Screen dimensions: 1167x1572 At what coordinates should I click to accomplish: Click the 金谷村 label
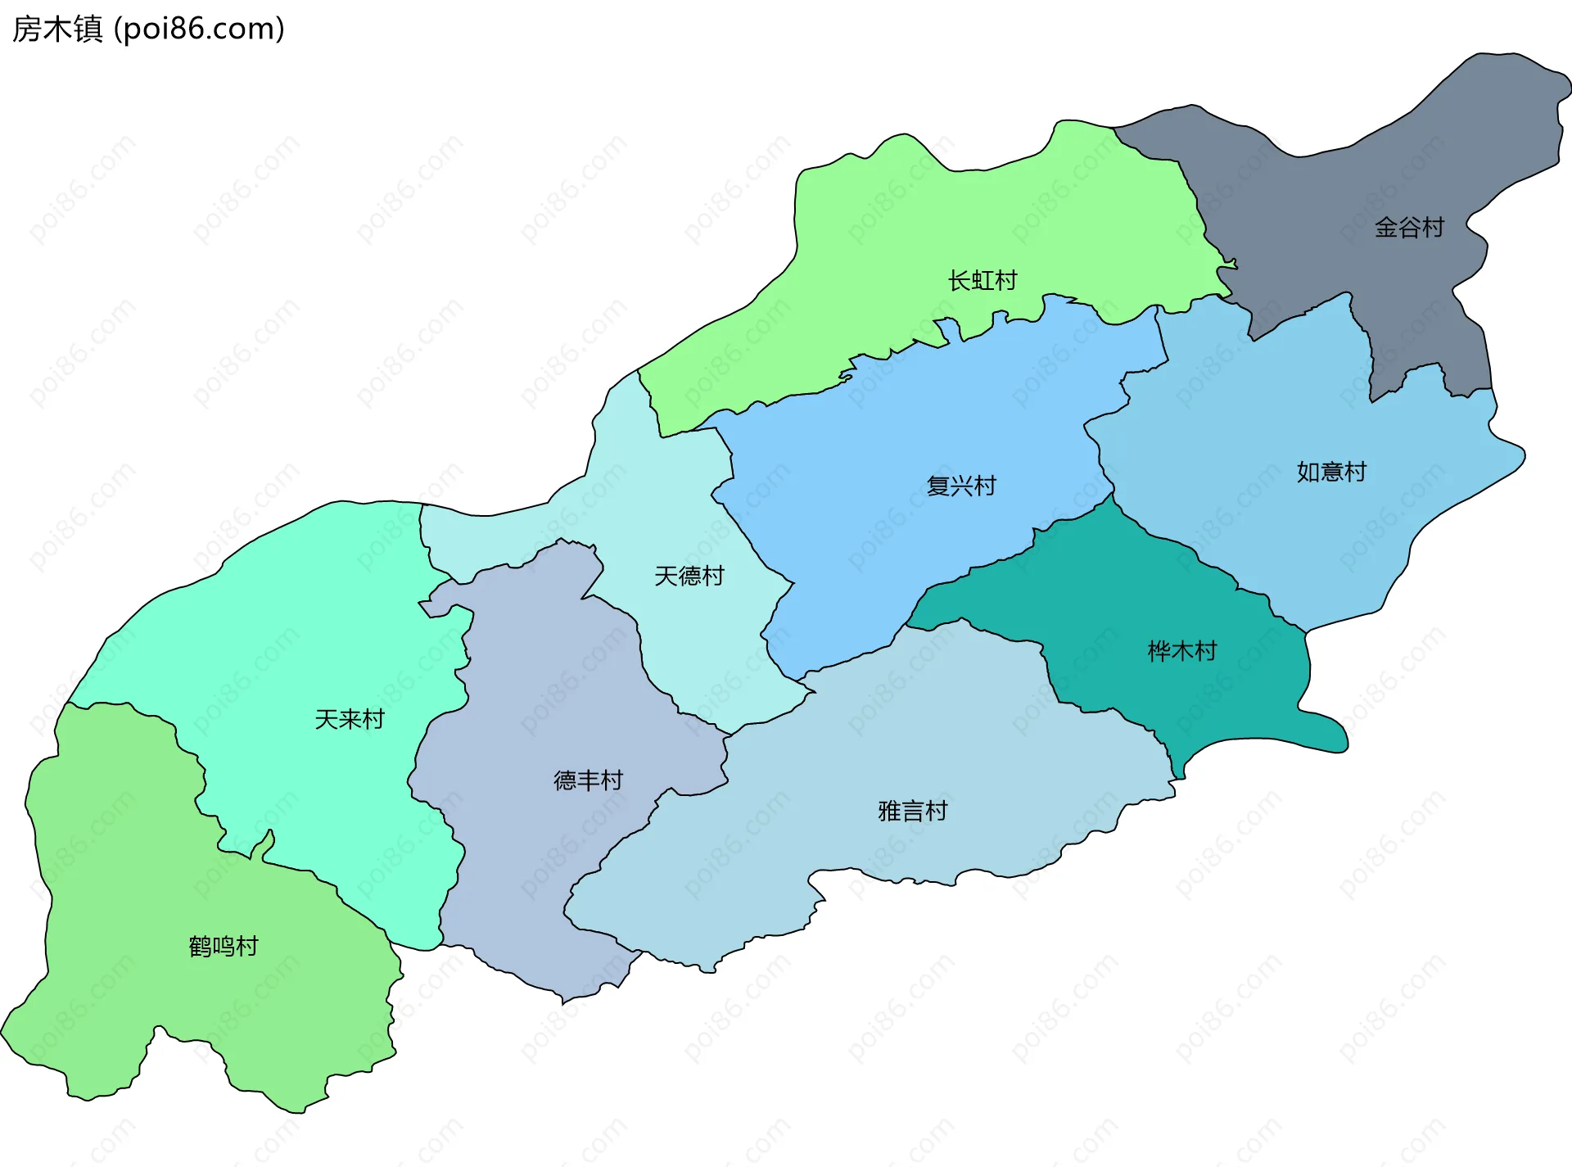tap(1409, 227)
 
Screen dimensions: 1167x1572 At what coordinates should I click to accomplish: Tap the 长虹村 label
tap(982, 280)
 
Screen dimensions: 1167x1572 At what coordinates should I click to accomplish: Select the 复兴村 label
tap(961, 486)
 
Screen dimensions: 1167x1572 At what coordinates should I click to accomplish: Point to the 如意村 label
tap(1331, 472)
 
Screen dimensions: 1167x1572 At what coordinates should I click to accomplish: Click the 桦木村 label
tap(1182, 651)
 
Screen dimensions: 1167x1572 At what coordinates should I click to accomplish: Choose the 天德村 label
tap(689, 576)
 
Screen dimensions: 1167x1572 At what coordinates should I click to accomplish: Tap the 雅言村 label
tap(913, 811)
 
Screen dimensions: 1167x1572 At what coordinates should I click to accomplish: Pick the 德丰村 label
tap(589, 780)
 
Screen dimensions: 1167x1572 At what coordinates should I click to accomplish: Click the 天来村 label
tap(350, 719)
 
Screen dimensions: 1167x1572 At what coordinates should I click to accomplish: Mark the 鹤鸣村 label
tap(224, 946)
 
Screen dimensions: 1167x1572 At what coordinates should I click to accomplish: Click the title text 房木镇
tap(57, 29)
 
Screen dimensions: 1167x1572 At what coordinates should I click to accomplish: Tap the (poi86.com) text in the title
tap(199, 29)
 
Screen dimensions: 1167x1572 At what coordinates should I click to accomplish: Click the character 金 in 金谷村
tap(1386, 227)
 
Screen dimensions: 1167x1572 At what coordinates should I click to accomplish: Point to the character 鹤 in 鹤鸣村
tap(201, 946)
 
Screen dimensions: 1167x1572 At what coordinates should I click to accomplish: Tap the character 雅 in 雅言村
tap(890, 811)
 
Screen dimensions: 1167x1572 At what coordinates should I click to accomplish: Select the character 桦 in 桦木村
tap(1159, 651)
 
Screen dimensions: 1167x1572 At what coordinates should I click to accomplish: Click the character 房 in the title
tap(27, 29)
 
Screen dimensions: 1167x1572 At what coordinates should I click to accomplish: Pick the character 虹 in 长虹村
tap(982, 280)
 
